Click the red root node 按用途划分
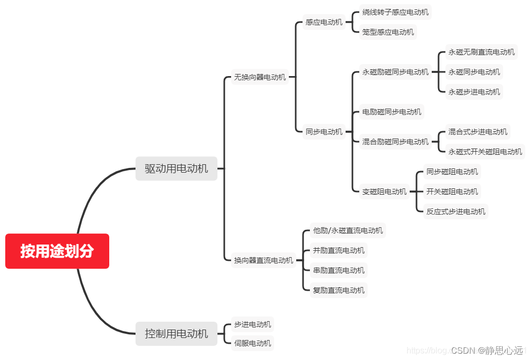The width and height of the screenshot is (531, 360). pos(57,251)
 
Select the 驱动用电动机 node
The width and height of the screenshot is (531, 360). pos(176,168)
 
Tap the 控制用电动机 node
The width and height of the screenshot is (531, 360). pos(176,333)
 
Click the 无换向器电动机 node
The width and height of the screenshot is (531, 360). pos(260,77)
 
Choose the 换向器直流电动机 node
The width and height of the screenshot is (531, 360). pos(264,260)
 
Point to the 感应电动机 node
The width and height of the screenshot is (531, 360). pos(324,22)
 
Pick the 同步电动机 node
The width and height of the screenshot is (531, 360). pos(324,132)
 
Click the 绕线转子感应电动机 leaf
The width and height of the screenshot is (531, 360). pos(395,12)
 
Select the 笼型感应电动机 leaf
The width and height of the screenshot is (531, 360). pos(388,32)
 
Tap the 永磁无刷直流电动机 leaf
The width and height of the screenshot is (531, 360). pos(482,52)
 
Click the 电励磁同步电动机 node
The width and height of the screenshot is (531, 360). pos(392,112)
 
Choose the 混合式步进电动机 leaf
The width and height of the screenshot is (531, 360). pos(478,132)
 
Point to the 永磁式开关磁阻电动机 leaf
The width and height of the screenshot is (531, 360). pos(485,152)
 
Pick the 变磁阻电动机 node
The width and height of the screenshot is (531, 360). pos(384,192)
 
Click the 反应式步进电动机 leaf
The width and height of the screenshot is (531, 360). pos(456,211)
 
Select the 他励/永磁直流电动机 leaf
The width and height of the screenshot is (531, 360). pos(348,230)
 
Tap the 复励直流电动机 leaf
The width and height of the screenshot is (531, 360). pos(339,290)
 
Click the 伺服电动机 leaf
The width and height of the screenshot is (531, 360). pos(253,343)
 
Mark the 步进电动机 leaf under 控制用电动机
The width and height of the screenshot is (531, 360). pos(253,324)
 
